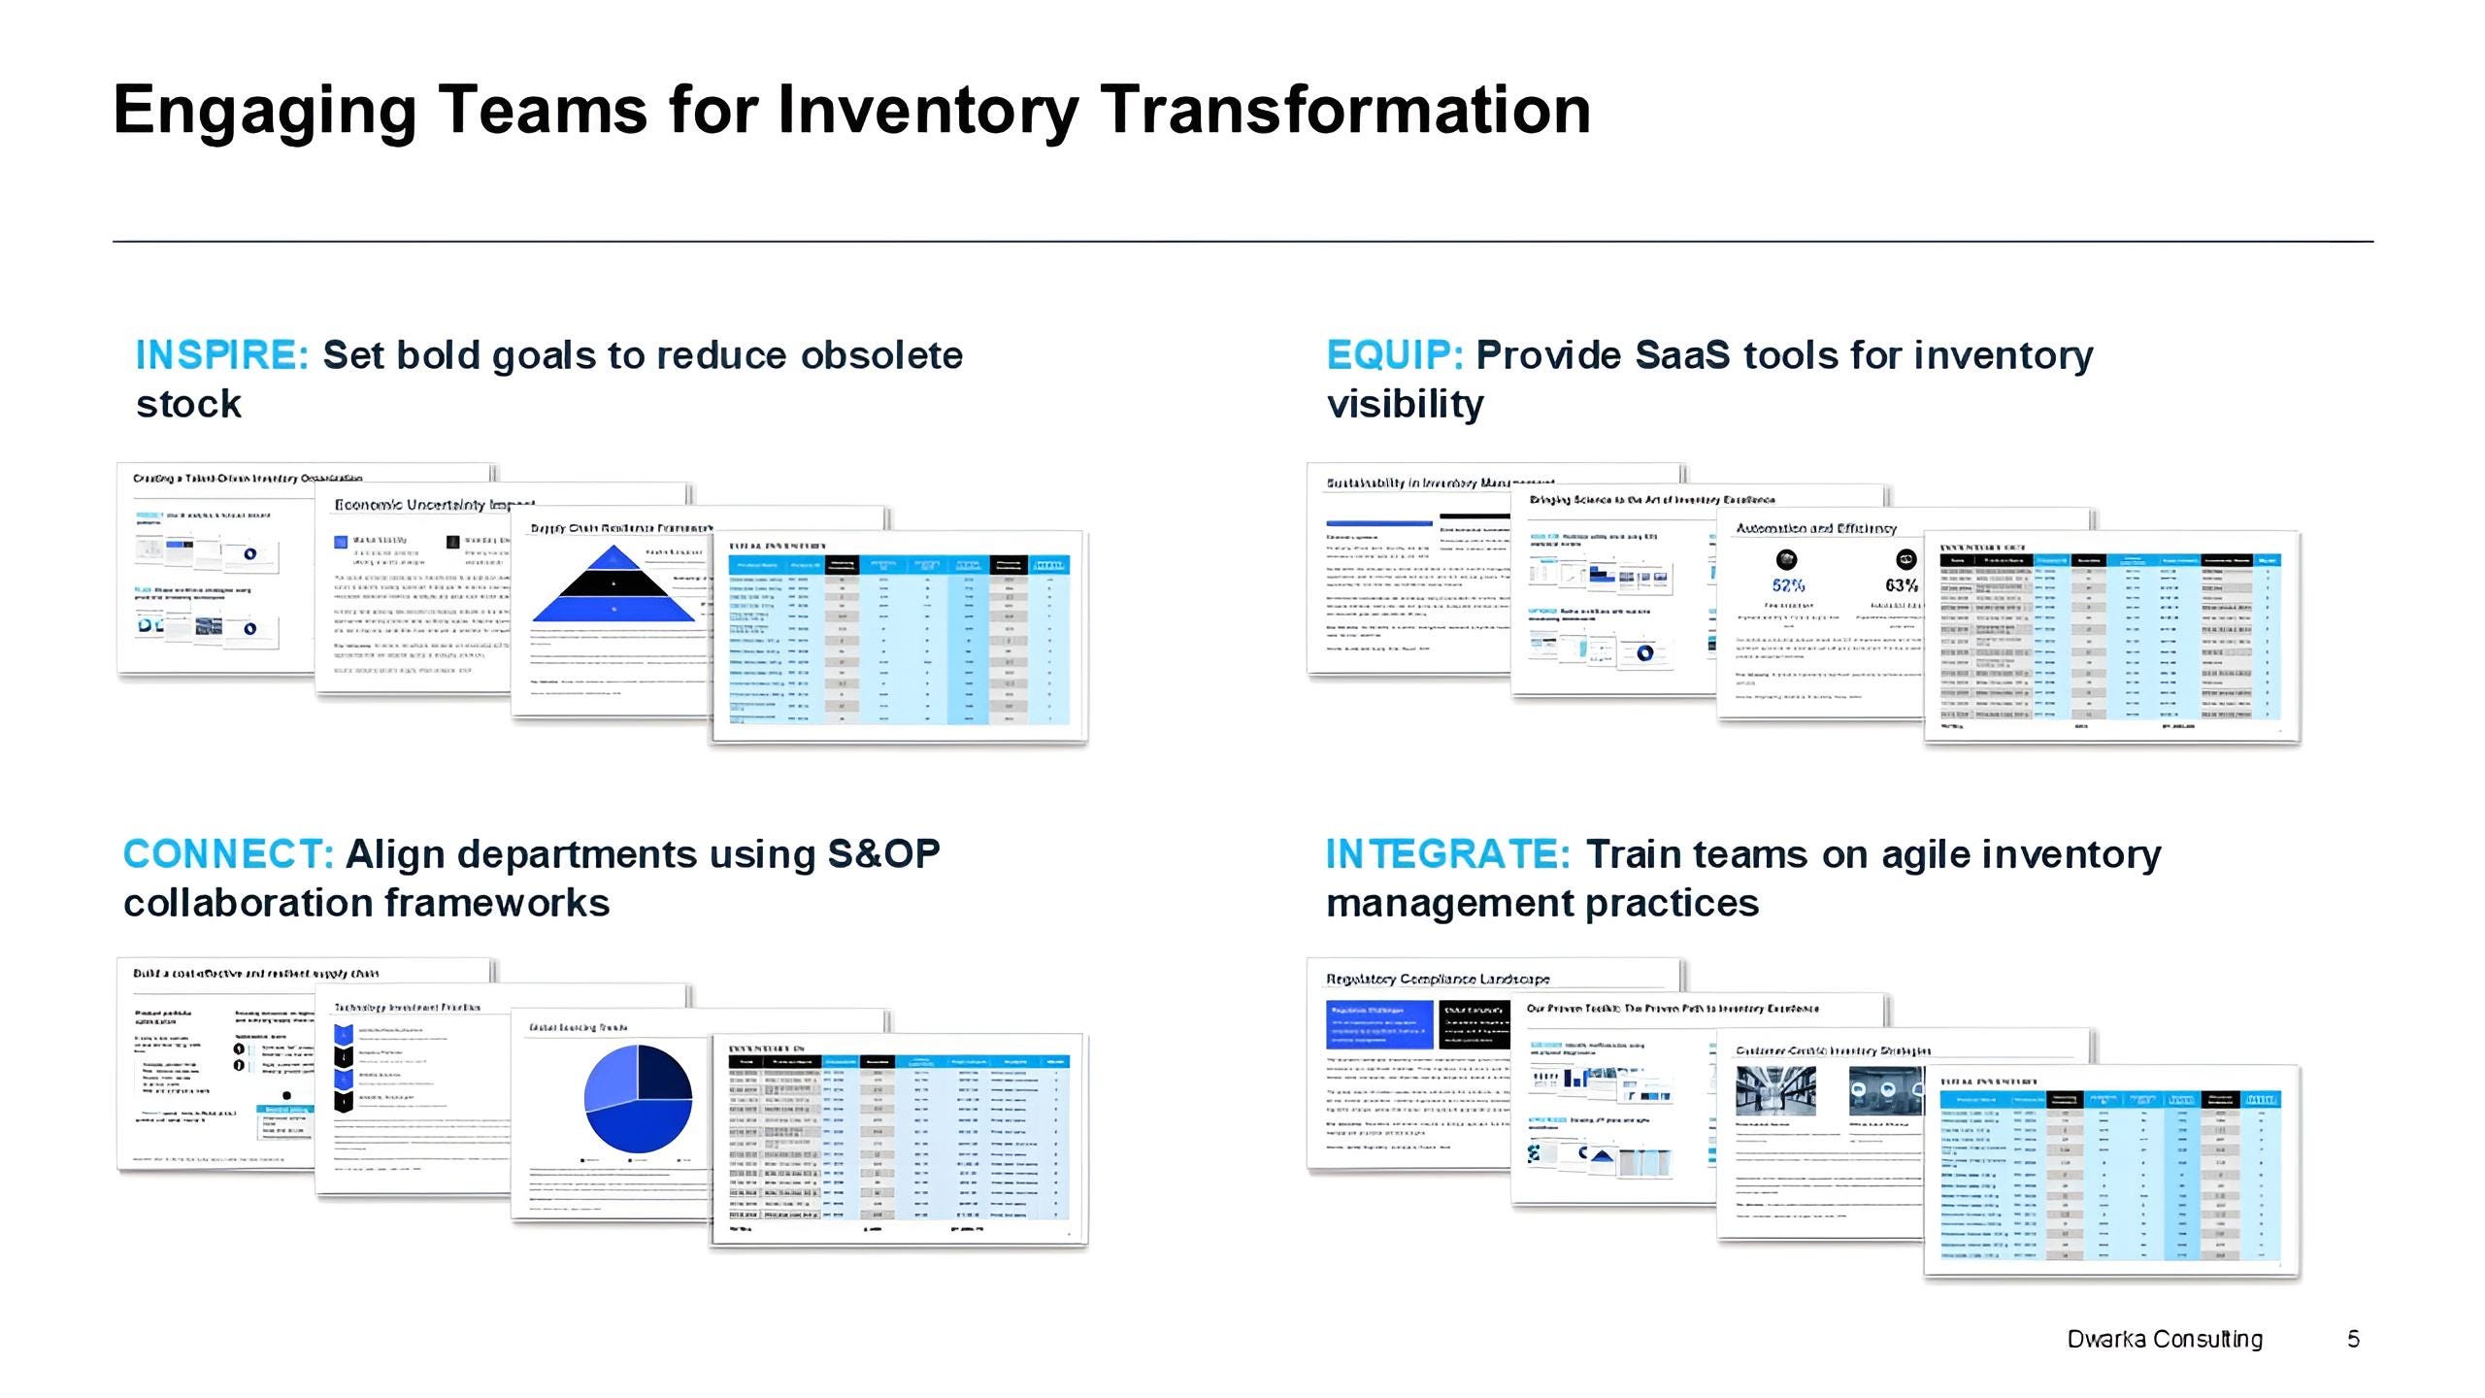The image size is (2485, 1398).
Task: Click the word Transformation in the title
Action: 1346,109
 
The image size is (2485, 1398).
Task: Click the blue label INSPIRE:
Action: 222,355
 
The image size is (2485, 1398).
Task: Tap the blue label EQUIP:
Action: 1394,355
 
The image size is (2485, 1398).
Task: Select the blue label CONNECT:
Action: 228,854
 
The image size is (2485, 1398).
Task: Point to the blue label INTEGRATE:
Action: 1447,854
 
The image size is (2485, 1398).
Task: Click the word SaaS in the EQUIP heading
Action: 1682,355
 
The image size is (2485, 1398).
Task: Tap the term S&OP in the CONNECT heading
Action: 883,854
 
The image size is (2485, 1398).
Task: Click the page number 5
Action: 2353,1340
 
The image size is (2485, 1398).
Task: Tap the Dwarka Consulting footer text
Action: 2165,1340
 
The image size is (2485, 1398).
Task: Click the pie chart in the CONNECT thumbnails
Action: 638,1099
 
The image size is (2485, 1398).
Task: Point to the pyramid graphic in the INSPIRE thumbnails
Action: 613,584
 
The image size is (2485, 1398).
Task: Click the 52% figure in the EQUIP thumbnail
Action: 1788,585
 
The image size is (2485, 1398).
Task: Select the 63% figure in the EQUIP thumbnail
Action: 1902,585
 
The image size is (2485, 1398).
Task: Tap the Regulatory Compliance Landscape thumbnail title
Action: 1438,979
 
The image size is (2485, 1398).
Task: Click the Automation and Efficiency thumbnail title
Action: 1815,528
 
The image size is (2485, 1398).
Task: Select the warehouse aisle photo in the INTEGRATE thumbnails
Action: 1775,1090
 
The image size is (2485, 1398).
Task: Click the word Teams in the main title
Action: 544,109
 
